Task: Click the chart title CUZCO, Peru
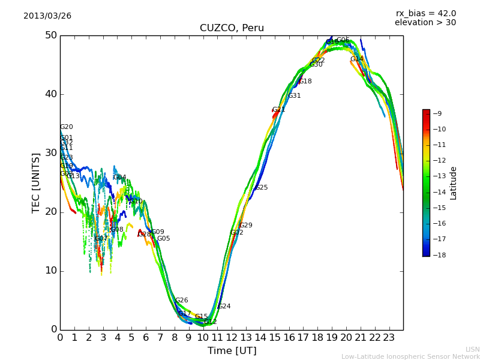[232, 28]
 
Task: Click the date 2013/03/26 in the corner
[47, 16]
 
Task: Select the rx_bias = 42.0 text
[426, 14]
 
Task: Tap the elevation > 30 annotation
[425, 23]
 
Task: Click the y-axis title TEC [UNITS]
[36, 182]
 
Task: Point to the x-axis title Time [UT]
[232, 351]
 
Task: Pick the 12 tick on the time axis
[232, 338]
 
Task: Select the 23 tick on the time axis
[389, 338]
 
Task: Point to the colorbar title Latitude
[454, 183]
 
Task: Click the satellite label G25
[262, 188]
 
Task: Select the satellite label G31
[295, 96]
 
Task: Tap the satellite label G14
[357, 59]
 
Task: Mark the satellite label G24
[224, 307]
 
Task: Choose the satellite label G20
[67, 127]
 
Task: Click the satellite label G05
[164, 239]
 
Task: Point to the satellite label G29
[246, 226]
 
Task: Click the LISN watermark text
[473, 349]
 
